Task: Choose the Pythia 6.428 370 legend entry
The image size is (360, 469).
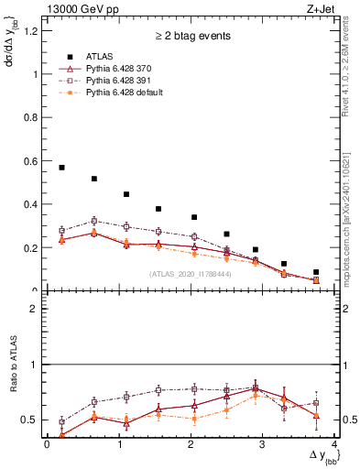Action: pos(118,68)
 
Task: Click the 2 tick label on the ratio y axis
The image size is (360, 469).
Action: pos(36,309)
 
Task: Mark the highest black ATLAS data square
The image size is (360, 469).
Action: pos(61,168)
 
